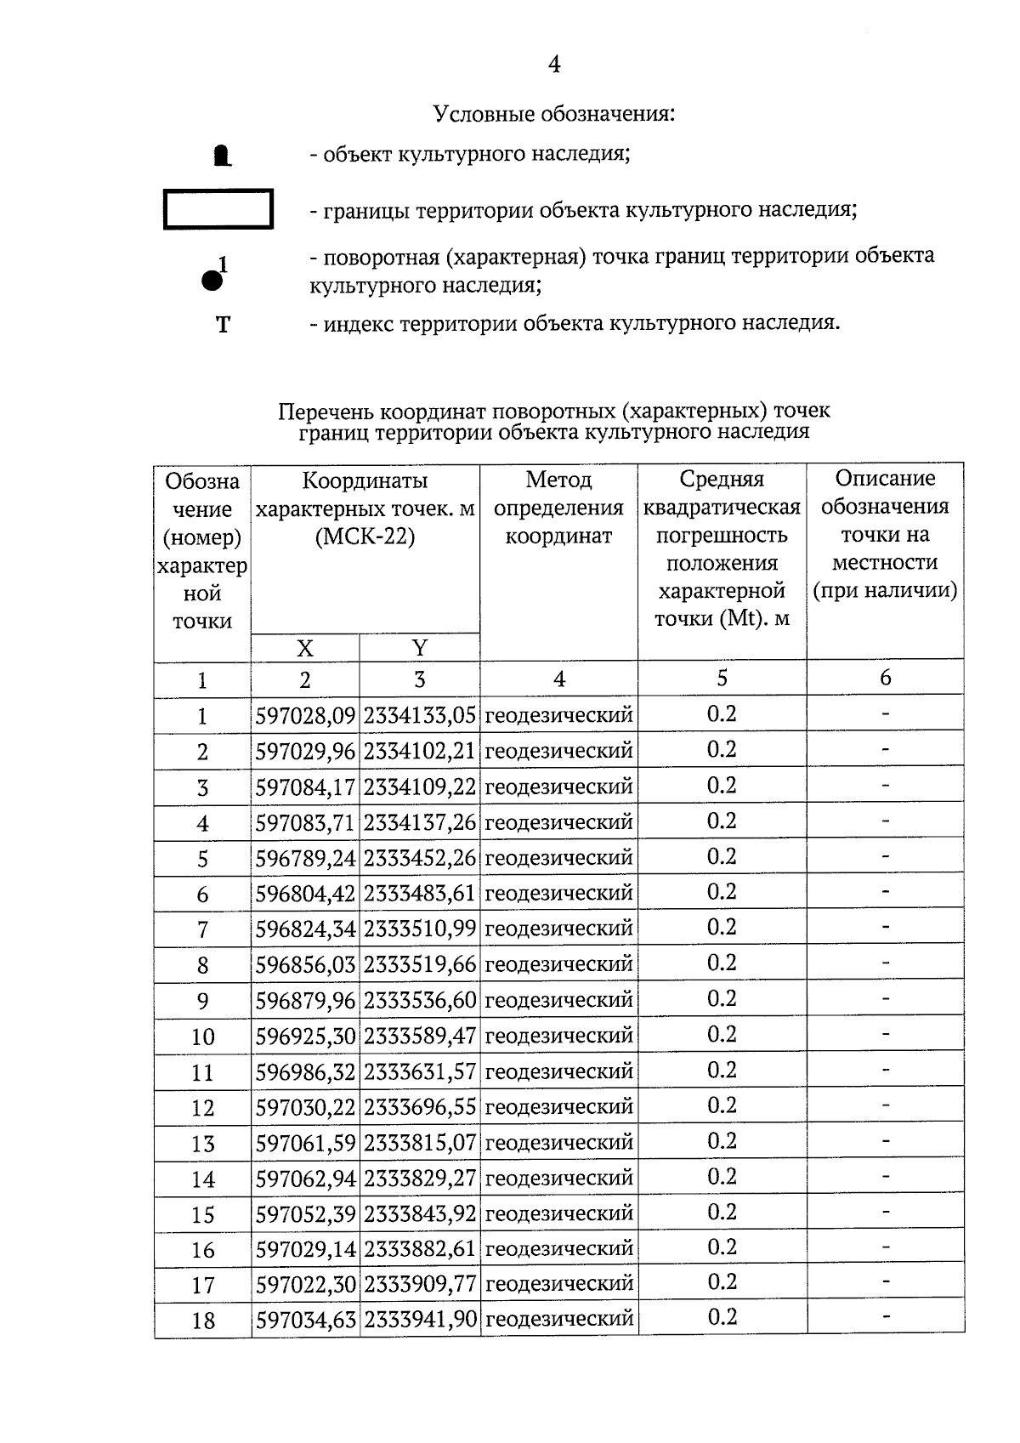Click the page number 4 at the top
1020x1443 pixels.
coord(554,65)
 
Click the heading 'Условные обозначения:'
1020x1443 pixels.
coord(554,113)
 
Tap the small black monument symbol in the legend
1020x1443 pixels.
coord(222,156)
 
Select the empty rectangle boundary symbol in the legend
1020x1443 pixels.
coord(218,209)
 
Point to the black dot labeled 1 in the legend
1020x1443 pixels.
coord(212,280)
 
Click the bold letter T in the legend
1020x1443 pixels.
coord(223,325)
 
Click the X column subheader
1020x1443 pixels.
coord(304,649)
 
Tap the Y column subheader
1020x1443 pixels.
coord(419,648)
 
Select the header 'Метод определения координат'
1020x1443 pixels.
coord(558,508)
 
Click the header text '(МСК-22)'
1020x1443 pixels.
coord(365,537)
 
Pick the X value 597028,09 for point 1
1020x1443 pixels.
coord(305,716)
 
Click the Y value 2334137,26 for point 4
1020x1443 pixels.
coord(420,823)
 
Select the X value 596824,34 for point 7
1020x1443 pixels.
coord(305,929)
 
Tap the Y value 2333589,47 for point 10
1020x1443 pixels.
coord(420,1036)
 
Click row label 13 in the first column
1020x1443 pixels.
coord(202,1144)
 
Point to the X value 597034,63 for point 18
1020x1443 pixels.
coord(305,1320)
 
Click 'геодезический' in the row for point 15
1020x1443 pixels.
coord(558,1213)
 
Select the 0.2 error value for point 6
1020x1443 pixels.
coord(722,892)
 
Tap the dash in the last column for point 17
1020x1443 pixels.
coord(885,1281)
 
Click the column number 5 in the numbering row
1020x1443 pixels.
coord(722,678)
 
